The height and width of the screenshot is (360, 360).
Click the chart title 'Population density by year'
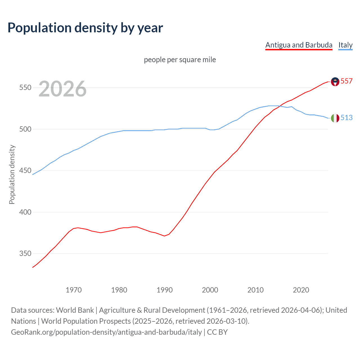coord(85,28)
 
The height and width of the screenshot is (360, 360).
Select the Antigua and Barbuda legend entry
coord(299,45)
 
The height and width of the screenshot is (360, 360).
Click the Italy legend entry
coord(345,45)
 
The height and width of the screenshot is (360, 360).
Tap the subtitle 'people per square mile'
coord(180,60)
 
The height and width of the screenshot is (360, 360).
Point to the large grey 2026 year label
coord(62,89)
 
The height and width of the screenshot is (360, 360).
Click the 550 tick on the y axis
coord(25,88)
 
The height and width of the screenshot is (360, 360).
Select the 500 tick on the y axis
coord(25,129)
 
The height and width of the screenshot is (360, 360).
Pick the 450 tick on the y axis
coord(25,171)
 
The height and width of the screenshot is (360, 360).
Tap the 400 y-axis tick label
coord(25,212)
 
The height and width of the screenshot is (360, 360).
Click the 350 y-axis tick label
coord(25,254)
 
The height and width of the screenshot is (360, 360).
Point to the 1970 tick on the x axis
coord(74,290)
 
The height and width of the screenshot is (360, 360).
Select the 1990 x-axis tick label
coord(165,290)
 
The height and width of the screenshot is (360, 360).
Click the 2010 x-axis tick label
coord(255,290)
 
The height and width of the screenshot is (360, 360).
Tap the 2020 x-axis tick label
coord(301,290)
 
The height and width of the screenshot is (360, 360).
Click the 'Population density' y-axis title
coord(12,174)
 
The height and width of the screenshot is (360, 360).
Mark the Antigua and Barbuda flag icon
coord(335,82)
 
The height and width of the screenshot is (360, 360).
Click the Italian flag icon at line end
coord(335,118)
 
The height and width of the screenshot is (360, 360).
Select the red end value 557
coord(346,81)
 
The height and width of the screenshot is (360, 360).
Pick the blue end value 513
coord(346,118)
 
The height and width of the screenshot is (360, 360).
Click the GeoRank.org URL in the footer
coord(106,332)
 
